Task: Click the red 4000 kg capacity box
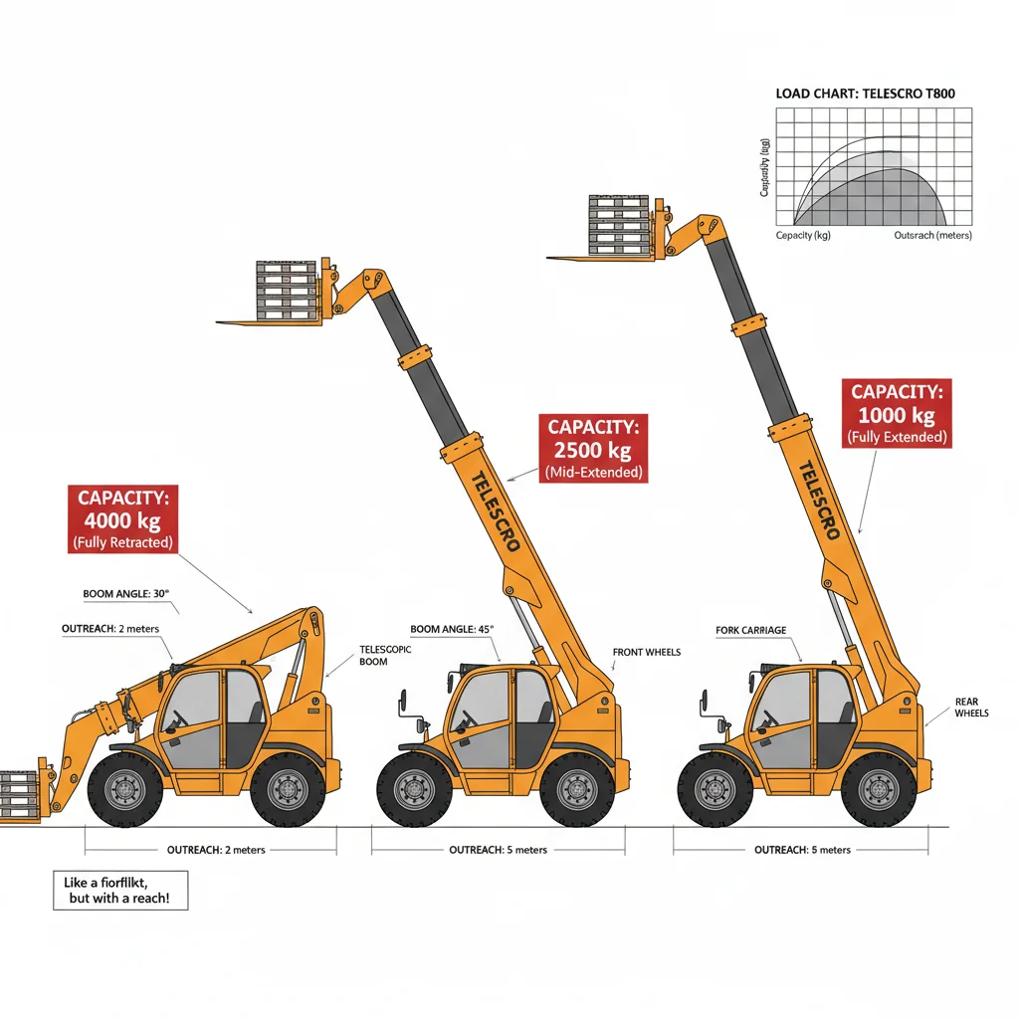coord(124,518)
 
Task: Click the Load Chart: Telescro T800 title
coord(865,94)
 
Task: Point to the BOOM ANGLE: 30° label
coord(126,594)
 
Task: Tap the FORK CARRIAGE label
coord(750,631)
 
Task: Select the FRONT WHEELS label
coord(647,653)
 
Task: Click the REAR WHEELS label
coord(971,708)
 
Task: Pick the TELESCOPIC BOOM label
coord(384,655)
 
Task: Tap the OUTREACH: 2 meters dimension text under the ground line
coord(210,851)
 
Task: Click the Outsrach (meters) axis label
coord(932,236)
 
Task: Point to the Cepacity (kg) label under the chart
coord(803,236)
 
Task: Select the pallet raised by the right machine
coord(619,225)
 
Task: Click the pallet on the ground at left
coord(17,795)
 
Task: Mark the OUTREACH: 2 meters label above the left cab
coord(109,629)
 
